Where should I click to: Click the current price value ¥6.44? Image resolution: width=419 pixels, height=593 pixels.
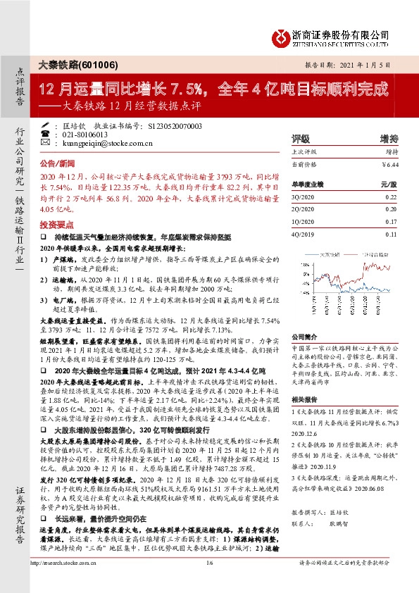(389, 164)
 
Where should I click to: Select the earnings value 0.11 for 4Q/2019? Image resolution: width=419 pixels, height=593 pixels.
(391, 233)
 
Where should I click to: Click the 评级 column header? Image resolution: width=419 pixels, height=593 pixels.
(301, 138)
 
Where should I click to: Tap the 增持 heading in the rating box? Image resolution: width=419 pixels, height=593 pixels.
(389, 138)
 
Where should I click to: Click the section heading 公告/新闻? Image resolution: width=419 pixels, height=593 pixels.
(56, 161)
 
